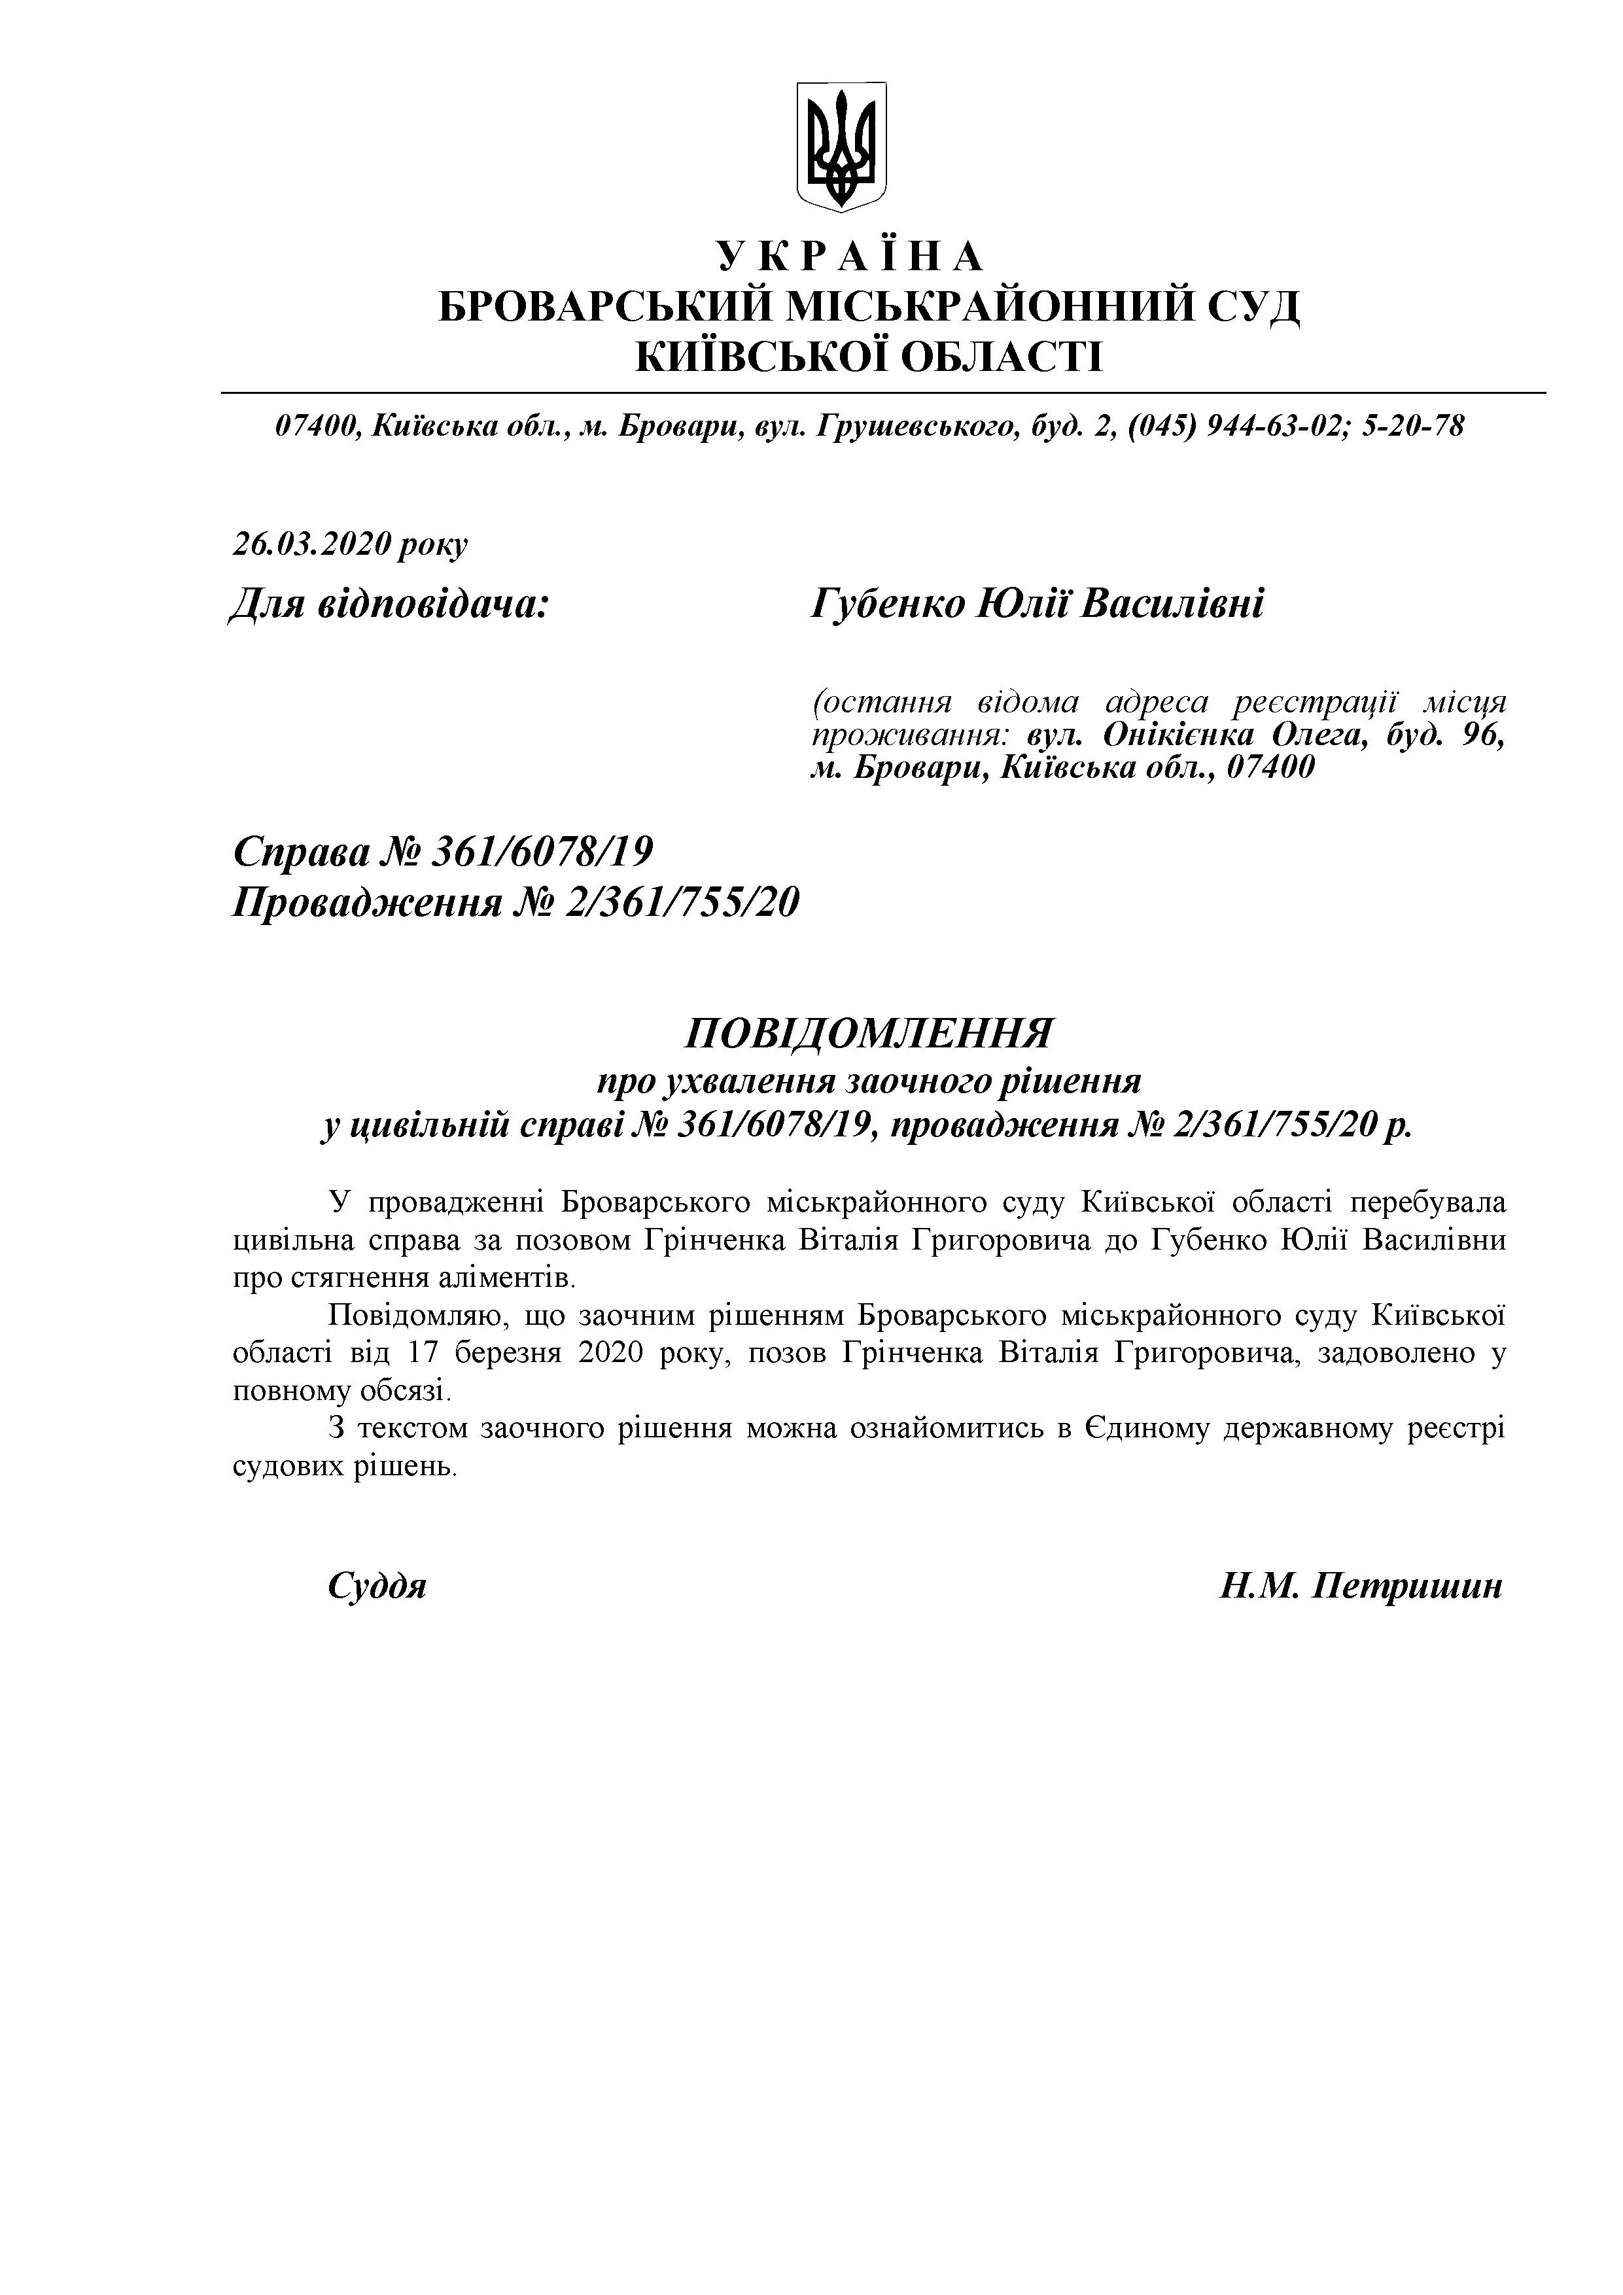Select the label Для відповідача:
click(390, 604)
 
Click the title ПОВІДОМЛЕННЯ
click(867, 1034)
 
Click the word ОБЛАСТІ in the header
click(1000, 356)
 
